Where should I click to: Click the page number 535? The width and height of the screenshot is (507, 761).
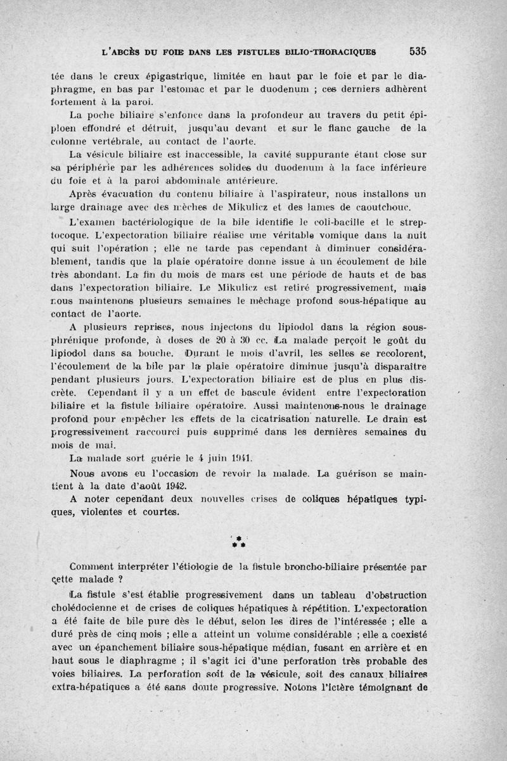(418, 51)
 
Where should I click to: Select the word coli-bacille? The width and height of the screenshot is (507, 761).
(354, 222)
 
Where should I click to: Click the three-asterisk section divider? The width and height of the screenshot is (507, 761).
(238, 540)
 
